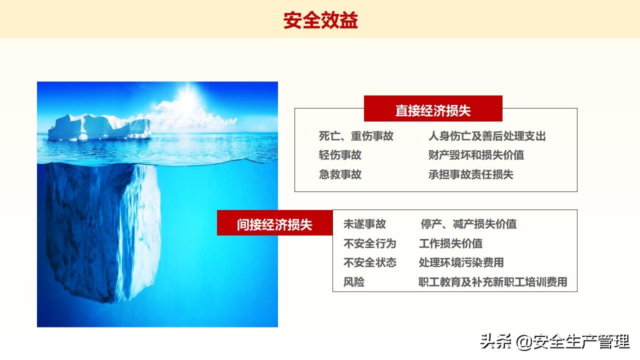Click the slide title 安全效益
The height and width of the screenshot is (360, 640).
click(320, 20)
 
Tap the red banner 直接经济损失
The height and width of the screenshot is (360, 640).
click(433, 110)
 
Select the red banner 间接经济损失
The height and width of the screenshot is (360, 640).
click(274, 224)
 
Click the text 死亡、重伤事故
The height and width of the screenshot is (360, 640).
click(356, 136)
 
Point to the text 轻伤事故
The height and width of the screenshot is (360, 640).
click(340, 155)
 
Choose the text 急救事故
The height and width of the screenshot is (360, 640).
click(340, 174)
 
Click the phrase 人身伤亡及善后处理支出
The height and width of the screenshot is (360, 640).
click(486, 136)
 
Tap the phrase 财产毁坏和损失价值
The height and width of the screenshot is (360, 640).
click(476, 155)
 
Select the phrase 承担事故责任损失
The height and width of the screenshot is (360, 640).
click(470, 174)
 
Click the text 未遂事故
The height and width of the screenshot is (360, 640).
click(364, 224)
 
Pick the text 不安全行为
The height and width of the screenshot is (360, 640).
click(369, 243)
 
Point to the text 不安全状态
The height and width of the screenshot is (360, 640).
click(369, 262)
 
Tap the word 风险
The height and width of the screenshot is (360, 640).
click(353, 282)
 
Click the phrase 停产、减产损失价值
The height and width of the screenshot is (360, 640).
click(468, 224)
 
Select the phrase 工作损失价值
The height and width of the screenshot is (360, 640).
click(450, 243)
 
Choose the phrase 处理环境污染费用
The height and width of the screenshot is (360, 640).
click(461, 262)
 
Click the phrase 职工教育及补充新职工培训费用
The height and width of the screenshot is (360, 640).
click(492, 282)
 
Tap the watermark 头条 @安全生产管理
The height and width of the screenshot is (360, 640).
click(554, 342)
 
